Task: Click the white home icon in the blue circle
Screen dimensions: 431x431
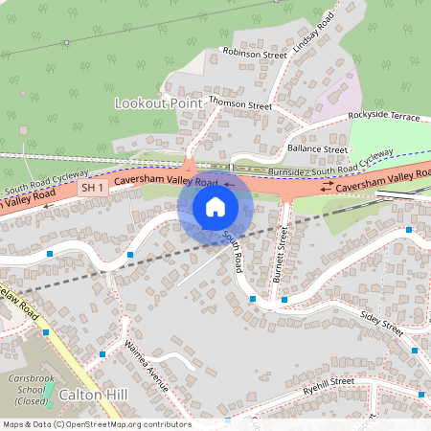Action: (215, 206)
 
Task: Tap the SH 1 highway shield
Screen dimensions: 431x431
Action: (91, 188)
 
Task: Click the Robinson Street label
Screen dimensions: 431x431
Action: (254, 53)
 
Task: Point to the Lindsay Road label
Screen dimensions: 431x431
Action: (319, 34)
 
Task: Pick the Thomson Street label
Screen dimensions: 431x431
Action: (240, 104)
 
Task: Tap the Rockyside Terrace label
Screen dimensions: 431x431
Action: (384, 115)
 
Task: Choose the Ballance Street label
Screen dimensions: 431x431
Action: (316, 149)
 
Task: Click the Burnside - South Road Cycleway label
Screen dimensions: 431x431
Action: (330, 164)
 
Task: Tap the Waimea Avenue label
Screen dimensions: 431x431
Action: (146, 366)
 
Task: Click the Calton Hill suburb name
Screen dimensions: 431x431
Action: (93, 395)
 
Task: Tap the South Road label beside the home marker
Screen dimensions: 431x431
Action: (233, 250)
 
